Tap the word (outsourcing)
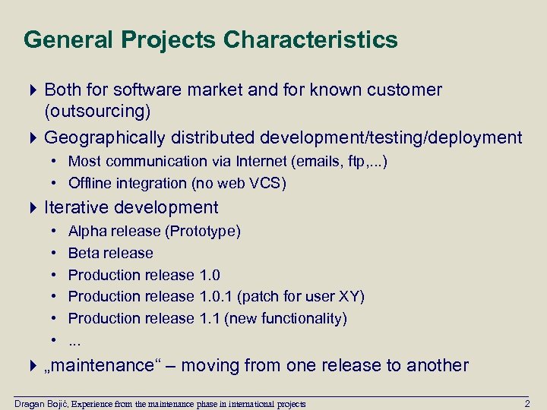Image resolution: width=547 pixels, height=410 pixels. [97, 112]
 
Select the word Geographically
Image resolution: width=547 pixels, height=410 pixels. [105, 137]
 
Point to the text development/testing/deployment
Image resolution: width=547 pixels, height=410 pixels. [390, 137]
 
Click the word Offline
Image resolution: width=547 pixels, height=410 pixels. [91, 183]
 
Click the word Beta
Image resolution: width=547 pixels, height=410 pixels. [84, 253]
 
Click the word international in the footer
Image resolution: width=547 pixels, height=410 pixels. [244, 403]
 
